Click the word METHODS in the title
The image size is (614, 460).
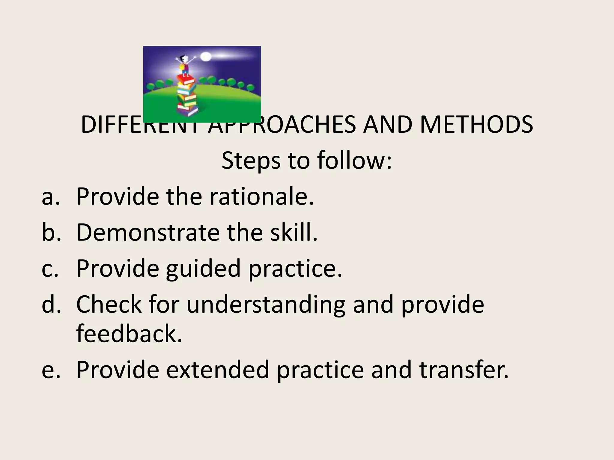point(476,125)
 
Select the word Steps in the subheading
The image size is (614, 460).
point(251,161)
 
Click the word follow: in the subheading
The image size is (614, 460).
point(354,160)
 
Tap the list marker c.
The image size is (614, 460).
point(50,268)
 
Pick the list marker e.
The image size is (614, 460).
point(50,370)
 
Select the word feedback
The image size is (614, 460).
point(129,334)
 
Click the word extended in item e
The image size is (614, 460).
point(217,370)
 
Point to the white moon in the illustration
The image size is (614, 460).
point(206,57)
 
